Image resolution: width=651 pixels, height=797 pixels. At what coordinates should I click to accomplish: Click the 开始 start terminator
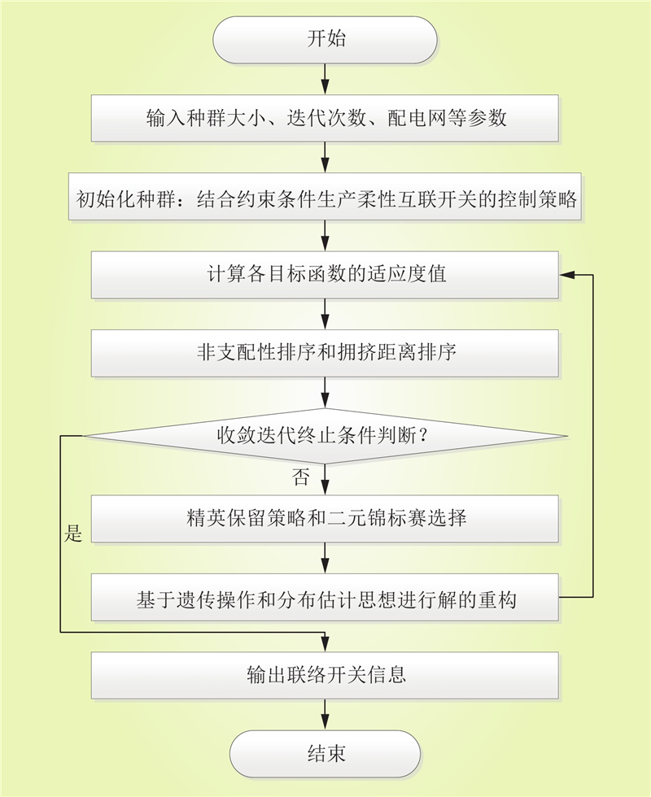325,40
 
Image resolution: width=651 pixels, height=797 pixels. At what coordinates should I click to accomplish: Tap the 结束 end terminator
325,754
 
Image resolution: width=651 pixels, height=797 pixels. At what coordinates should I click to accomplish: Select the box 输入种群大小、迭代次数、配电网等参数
325,118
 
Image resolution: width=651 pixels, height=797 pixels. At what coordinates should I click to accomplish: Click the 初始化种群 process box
325,197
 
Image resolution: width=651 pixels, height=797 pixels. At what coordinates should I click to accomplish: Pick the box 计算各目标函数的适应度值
325,275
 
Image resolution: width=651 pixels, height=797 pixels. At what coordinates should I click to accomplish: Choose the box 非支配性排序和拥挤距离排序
325,353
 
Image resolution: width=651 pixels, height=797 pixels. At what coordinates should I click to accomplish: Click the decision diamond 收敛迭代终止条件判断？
325,436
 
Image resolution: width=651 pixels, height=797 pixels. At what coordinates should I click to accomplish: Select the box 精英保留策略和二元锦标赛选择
325,519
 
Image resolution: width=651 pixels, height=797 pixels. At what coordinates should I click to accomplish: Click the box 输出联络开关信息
325,676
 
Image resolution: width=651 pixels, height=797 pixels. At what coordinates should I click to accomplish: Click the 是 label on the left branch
73,534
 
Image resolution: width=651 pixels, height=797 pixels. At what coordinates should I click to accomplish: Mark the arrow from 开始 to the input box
325,79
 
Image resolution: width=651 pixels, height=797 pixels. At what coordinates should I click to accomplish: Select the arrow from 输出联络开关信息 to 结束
325,715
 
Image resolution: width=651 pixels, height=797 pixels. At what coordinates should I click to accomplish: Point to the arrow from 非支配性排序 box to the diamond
325,392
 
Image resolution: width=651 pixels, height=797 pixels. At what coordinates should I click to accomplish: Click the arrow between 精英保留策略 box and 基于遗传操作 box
325,558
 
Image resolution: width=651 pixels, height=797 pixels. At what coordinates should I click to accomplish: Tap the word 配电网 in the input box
417,118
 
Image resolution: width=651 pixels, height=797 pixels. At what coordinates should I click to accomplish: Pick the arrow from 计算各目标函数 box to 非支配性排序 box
325,314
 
